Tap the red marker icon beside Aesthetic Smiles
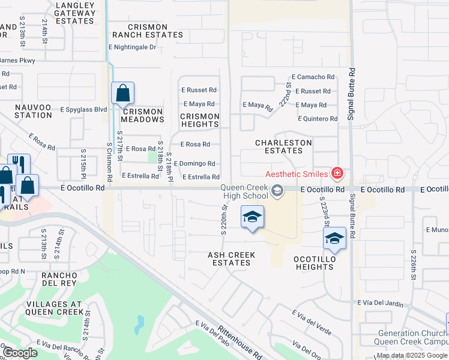337,173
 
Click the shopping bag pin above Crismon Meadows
122,94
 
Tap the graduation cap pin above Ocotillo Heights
334,239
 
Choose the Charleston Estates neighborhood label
283,146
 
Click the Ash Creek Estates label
231,259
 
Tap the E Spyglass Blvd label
83,110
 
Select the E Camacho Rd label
313,77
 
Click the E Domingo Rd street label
198,163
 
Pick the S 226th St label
413,265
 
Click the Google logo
20,353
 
